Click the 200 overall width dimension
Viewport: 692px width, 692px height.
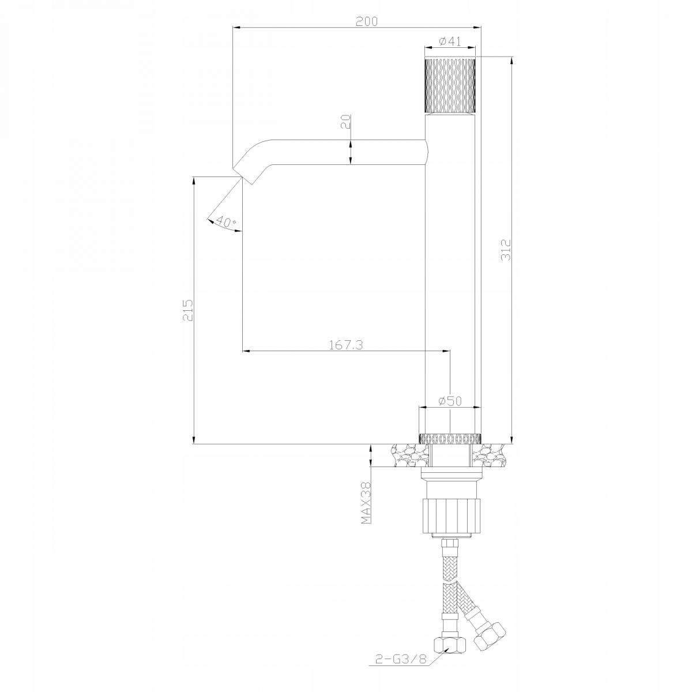367,21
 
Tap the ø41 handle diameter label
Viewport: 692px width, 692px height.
450,42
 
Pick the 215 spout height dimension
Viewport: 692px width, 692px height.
188,310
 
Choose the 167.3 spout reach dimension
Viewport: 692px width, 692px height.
346,345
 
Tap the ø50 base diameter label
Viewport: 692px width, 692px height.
450,400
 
